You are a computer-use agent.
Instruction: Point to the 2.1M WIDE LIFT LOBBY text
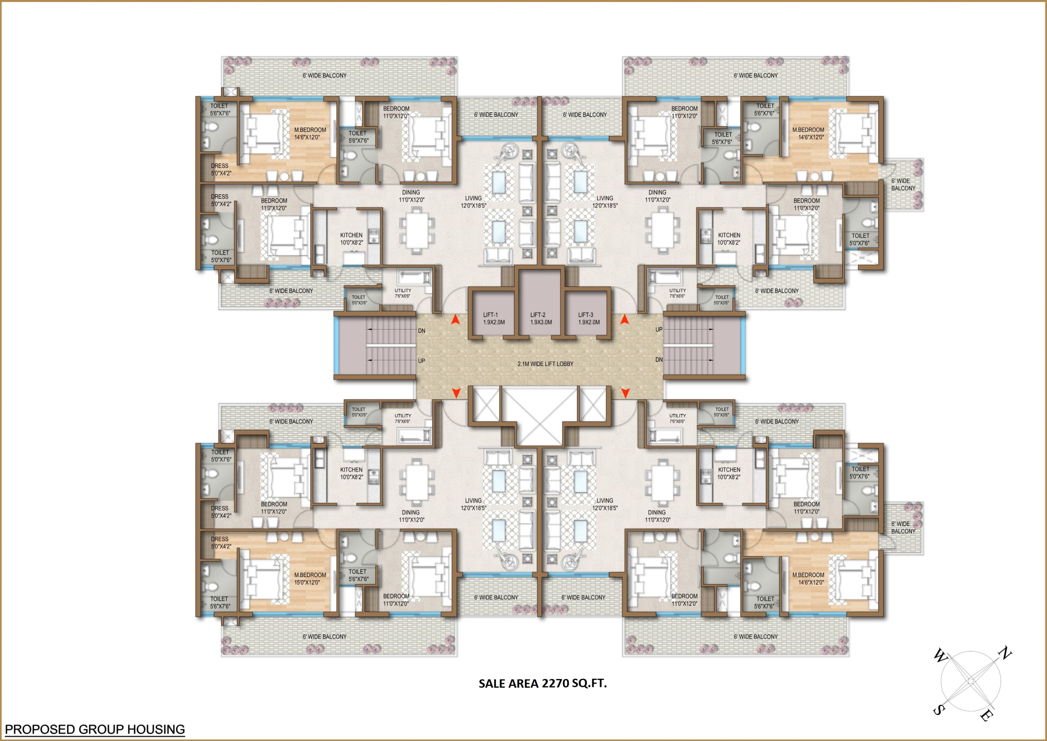tap(545, 364)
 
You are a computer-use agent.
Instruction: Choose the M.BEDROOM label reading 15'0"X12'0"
tap(310, 579)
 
